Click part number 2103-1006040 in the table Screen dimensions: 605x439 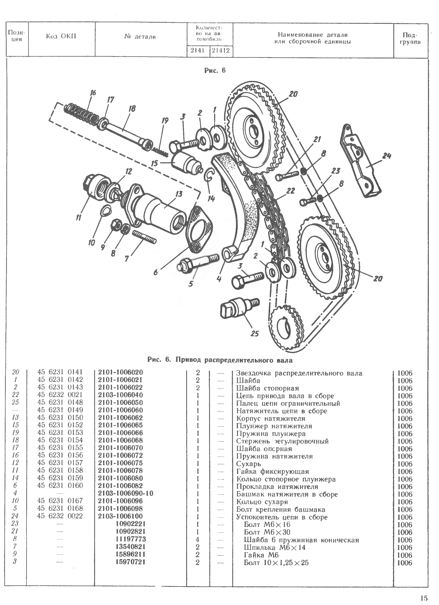pos(120,395)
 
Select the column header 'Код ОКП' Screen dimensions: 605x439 pos(61,36)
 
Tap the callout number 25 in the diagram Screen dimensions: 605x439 pos(255,333)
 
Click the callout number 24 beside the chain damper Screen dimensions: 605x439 pos(386,156)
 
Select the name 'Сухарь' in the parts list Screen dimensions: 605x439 pos(249,464)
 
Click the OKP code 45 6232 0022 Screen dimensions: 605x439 pos(60,516)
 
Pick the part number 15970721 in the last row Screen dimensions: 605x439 pos(131,562)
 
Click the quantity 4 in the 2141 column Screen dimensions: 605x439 pos(197,540)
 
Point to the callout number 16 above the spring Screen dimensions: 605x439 pos(93,93)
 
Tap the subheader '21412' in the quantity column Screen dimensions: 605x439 pos(221,51)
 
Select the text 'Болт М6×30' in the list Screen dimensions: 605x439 pos(267,532)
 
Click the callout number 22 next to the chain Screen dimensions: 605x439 pos(291,190)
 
